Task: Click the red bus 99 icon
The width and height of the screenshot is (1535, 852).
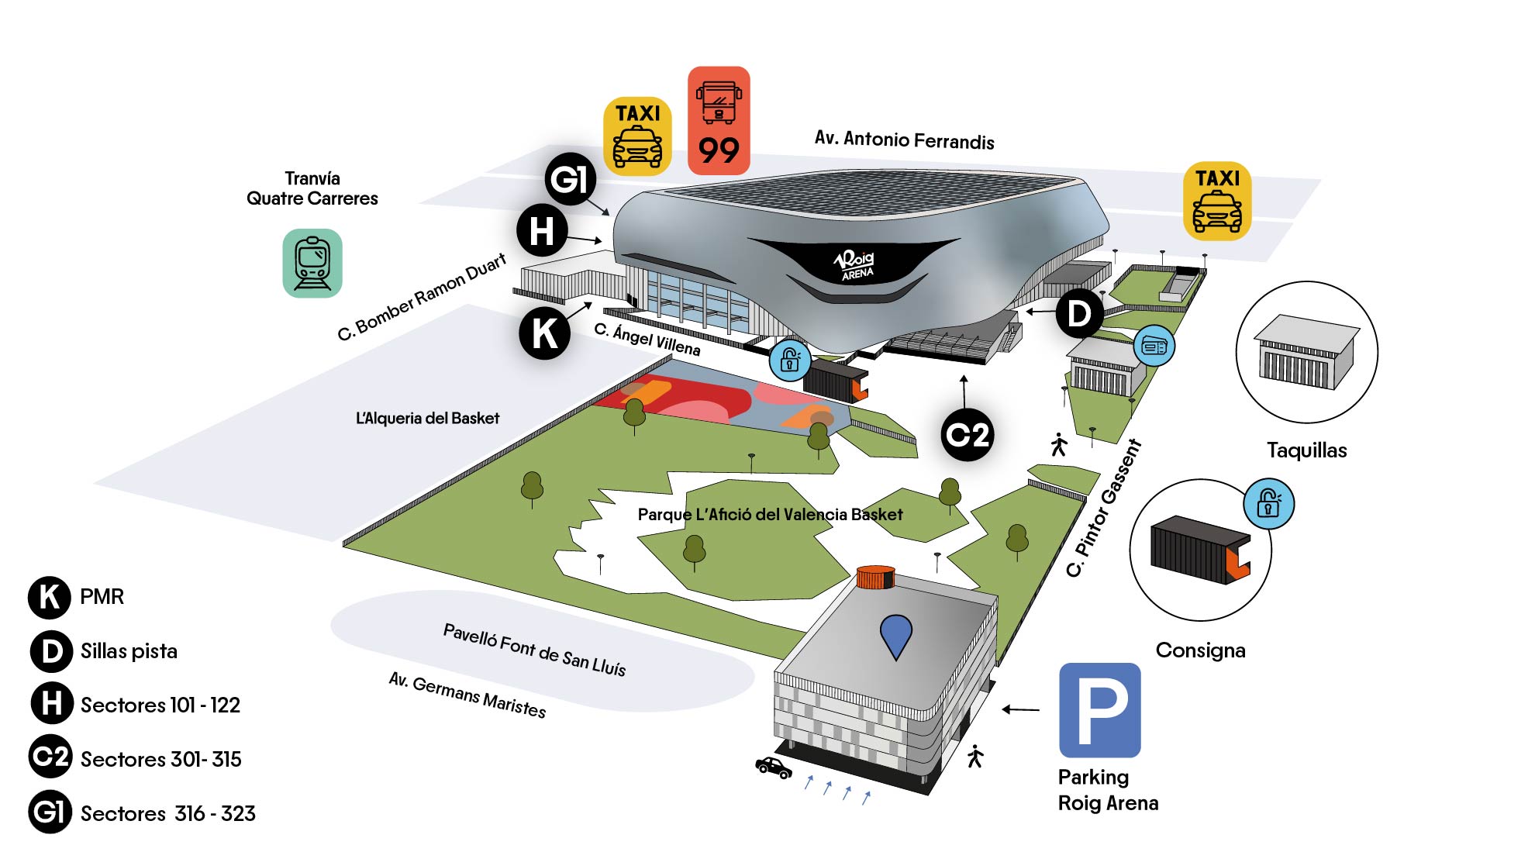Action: pos(719,120)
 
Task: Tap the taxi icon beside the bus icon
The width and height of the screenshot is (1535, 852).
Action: pos(637,135)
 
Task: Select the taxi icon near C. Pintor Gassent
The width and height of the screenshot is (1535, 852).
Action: pos(1217,201)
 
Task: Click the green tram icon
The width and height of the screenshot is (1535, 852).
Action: pos(312,263)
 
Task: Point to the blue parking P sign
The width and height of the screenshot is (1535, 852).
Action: pos(1099,709)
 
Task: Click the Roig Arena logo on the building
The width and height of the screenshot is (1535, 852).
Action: pos(855,264)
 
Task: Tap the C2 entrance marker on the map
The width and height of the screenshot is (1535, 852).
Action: pos(968,435)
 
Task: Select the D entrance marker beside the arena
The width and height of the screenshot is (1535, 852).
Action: pos(1079,313)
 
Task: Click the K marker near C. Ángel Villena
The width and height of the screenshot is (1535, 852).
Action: pos(544,333)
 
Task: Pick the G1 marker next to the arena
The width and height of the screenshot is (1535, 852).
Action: pos(570,179)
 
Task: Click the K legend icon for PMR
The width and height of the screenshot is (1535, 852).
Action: pos(50,597)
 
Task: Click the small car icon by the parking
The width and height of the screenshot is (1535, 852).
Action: pos(774,767)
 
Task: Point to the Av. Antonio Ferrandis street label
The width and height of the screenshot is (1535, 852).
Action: pos(904,140)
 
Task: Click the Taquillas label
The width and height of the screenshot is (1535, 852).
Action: pos(1306,450)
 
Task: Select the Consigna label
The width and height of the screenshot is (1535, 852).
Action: pos(1200,650)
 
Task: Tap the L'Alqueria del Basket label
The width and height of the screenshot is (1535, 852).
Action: pos(427,419)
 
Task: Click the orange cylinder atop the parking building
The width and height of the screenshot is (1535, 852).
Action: pos(876,577)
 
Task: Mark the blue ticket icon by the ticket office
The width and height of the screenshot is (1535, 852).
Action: pos(1154,347)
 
